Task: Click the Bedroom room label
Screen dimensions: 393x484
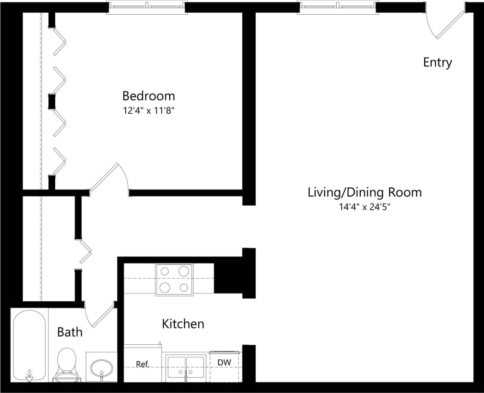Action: tap(148, 96)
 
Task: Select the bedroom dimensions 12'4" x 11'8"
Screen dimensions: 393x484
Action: tap(148, 110)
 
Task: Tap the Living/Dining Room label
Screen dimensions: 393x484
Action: tap(364, 192)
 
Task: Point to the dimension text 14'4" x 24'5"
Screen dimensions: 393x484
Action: tap(364, 207)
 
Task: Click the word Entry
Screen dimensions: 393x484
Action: tap(437, 62)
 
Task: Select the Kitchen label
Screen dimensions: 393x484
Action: tap(183, 324)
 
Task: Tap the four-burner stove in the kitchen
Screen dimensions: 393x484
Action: tap(174, 280)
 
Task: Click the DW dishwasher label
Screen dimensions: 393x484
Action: tap(225, 363)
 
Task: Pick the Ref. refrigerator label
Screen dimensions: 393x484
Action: tap(143, 364)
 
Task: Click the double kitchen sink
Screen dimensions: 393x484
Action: tap(186, 368)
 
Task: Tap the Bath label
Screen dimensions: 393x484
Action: tap(69, 332)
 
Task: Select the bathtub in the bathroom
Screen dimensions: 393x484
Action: tap(29, 344)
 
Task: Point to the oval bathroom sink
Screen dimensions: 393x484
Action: tap(101, 367)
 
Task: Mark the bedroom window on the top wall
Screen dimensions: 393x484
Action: tap(147, 7)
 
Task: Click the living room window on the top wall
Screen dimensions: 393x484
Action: tap(338, 7)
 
